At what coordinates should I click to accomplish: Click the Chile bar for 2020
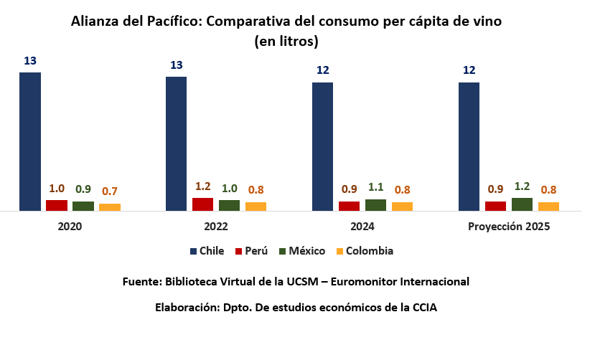coord(30,141)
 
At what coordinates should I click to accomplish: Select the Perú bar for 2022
coord(203,204)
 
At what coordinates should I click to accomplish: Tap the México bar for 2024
coord(375,205)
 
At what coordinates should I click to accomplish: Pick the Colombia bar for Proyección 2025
coord(548,207)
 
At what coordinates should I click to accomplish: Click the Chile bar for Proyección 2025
coord(469,146)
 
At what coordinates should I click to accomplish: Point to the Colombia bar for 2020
coord(110,207)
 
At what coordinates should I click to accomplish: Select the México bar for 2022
coord(230,205)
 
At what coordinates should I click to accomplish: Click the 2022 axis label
coord(216,227)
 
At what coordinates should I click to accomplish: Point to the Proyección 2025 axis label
coord(509,227)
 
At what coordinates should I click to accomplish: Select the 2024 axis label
coord(362,227)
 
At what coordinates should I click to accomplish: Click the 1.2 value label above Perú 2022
coord(203,186)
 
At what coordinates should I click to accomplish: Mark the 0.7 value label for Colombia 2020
coord(110,191)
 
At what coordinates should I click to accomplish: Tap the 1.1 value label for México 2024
coord(375,187)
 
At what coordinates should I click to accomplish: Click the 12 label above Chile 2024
coord(322,70)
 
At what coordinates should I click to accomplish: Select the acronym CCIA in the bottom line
coord(423,308)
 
